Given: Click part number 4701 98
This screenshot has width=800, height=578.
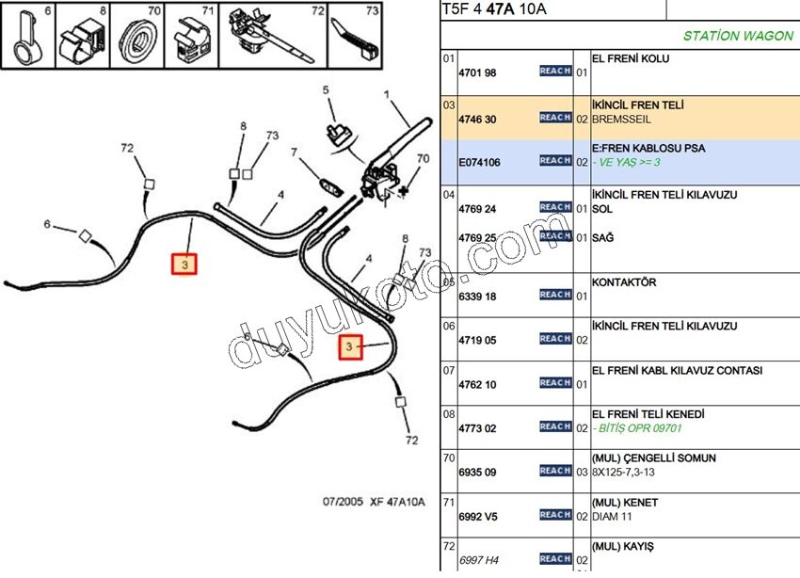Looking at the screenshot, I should coord(476,72).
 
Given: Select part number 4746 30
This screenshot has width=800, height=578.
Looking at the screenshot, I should coord(476,119).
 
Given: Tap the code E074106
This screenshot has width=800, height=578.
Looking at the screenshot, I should coord(479,163).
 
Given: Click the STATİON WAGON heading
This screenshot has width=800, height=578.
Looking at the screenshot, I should coord(737,37).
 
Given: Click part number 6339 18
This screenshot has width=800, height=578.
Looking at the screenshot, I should coord(476,296).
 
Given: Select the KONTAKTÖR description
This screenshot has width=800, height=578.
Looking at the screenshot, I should coord(624,281).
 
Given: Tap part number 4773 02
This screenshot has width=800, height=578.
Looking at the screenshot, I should coord(476,427).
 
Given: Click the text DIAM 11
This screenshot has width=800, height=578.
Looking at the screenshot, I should coord(612,516).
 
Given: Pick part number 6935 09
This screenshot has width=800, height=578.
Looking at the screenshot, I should coord(476,472).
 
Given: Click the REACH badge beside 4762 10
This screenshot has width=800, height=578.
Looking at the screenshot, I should coord(555,383).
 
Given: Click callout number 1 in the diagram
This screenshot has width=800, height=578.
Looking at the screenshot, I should coord(387,94).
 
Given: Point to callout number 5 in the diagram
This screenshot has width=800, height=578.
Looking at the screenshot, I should coord(327,90).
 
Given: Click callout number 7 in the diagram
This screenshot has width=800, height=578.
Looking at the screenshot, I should coord(294,152).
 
